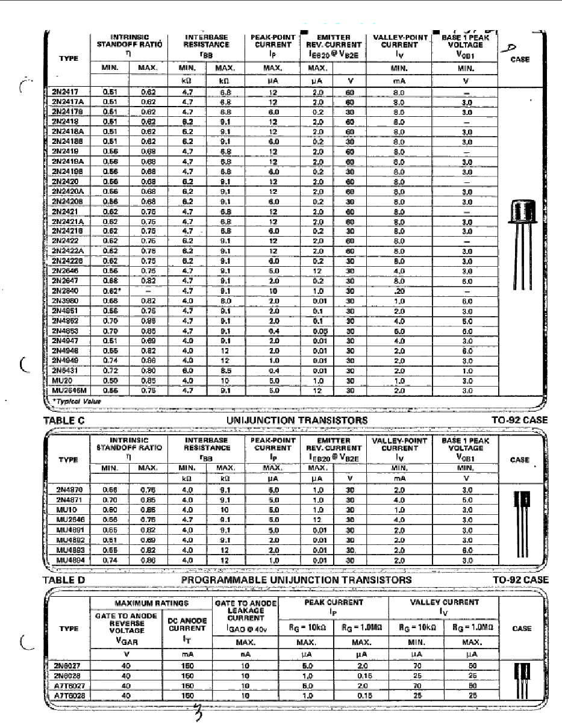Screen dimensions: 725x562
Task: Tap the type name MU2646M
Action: click(66, 391)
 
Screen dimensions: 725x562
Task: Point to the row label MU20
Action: click(59, 381)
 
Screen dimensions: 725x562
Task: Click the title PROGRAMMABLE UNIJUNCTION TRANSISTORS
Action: click(296, 580)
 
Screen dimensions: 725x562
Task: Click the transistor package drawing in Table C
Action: click(522, 521)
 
